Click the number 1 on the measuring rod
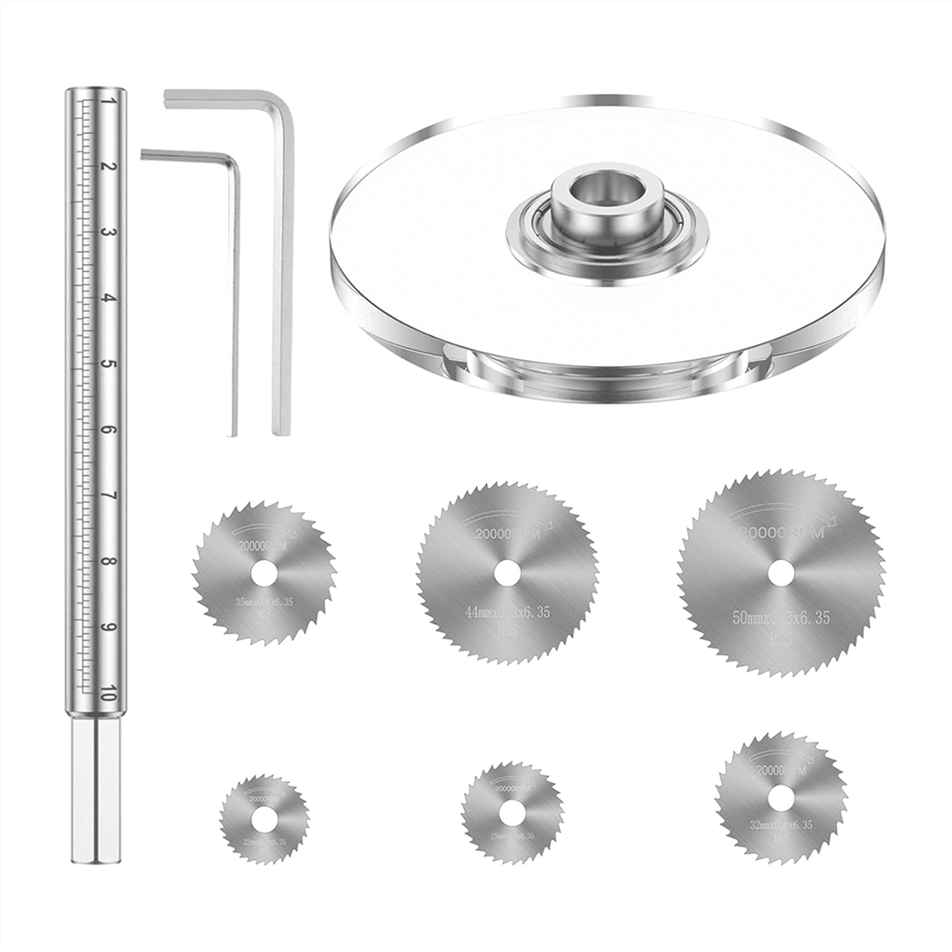[x=109, y=102]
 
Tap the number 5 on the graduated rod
[x=109, y=366]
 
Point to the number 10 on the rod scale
[x=109, y=693]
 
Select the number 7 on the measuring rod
[x=109, y=497]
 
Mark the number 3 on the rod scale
[x=109, y=234]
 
